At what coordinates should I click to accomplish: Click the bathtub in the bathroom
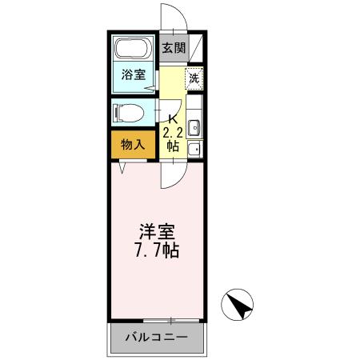[x=133, y=48]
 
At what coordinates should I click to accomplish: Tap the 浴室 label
[x=133, y=76]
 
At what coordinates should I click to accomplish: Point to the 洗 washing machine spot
[x=194, y=78]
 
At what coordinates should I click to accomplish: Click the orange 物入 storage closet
[x=133, y=145]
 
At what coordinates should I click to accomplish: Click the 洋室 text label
[x=158, y=231]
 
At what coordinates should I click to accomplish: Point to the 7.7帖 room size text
[x=158, y=250]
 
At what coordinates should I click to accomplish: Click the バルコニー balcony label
[x=157, y=338]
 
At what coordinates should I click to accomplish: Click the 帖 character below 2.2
[x=172, y=146]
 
